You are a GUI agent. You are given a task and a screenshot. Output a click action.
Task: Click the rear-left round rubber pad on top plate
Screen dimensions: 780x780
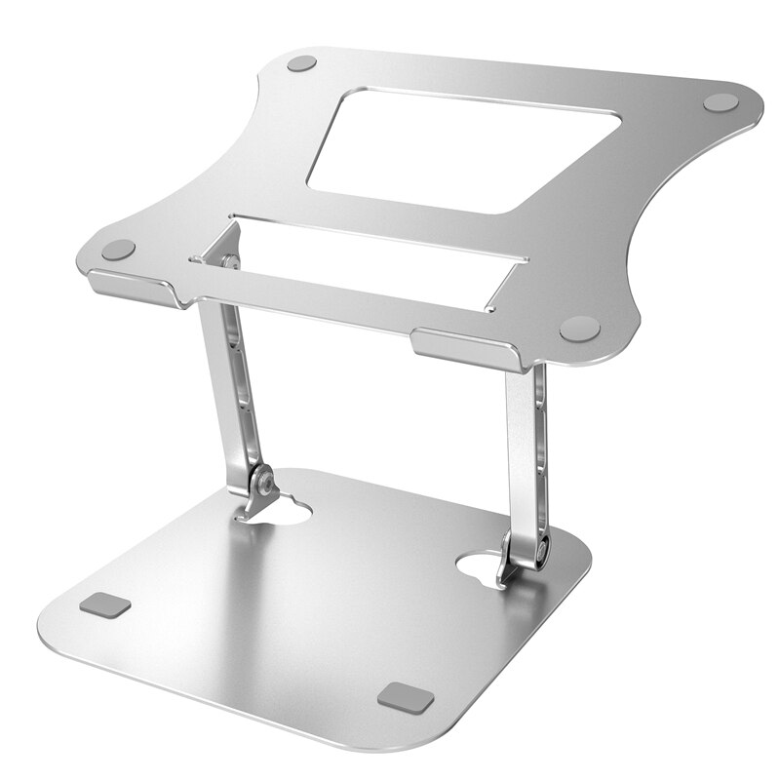point(302,64)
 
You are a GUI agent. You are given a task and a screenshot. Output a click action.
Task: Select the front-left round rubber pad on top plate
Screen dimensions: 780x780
point(118,250)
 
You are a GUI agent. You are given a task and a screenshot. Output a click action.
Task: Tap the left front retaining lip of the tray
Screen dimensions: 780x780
point(132,287)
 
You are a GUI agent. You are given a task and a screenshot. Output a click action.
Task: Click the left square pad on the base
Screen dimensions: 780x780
point(105,605)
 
